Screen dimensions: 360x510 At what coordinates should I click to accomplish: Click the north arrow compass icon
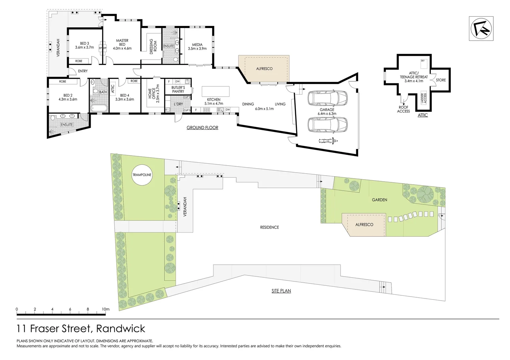(481, 29)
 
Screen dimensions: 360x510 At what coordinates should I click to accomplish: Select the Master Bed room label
(122, 42)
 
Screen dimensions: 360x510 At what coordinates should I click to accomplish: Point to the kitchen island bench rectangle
(215, 91)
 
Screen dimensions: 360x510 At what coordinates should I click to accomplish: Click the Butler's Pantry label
(178, 89)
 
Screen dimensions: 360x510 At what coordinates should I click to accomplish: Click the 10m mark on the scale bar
(105, 309)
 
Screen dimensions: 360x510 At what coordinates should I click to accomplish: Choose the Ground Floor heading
(202, 128)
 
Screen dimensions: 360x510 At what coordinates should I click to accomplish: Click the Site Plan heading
(281, 291)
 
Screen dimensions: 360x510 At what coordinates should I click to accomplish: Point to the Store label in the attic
(441, 80)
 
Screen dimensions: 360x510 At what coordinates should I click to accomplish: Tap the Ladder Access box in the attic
(424, 98)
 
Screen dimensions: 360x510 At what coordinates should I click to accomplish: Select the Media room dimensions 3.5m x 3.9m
(197, 49)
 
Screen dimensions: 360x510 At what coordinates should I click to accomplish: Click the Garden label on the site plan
(379, 200)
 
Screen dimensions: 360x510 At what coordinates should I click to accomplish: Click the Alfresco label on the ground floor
(264, 69)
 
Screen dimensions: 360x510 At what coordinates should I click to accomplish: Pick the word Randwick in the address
(120, 329)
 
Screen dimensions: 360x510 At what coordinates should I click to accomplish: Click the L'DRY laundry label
(178, 104)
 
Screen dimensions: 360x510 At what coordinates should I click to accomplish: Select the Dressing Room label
(153, 46)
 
